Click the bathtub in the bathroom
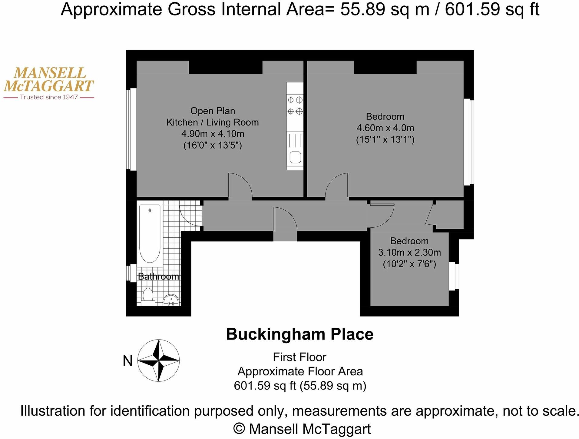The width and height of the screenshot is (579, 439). [x=150, y=233]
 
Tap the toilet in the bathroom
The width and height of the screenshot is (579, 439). [x=148, y=297]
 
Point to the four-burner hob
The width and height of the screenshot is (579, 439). [x=295, y=105]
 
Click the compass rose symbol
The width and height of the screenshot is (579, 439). [x=158, y=360]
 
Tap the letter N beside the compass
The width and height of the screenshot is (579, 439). [x=127, y=361]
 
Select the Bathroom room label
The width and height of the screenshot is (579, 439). [x=158, y=276]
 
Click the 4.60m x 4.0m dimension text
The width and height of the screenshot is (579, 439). [x=385, y=128]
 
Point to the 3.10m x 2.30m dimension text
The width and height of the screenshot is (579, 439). [x=409, y=252]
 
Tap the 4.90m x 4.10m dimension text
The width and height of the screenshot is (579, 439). [x=213, y=134]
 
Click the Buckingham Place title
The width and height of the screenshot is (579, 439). [x=300, y=334]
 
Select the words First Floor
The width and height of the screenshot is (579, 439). [x=299, y=357]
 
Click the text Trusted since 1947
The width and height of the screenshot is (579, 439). [x=49, y=97]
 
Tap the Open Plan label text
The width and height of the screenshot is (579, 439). [x=213, y=111]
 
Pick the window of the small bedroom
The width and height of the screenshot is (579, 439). [x=454, y=276]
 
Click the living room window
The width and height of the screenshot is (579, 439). [x=131, y=129]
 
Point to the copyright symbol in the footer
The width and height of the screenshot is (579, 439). [x=240, y=428]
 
